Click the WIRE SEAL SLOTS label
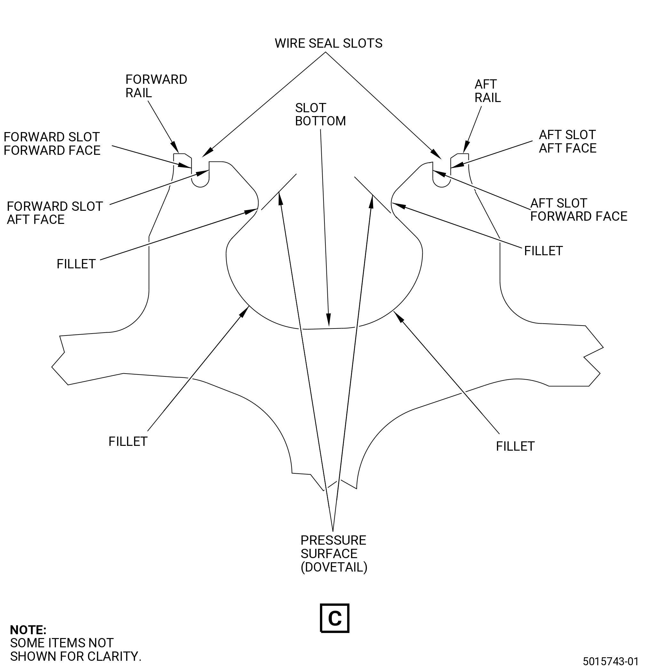coord(329,43)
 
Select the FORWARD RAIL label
coord(156,86)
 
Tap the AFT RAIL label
coord(487,91)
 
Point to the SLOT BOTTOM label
coord(320,115)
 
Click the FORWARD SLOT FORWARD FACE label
coord(52,144)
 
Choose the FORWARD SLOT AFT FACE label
coord(55,213)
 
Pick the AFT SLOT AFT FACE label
coord(568,141)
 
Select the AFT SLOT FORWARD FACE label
coord(579,210)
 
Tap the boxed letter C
coord(335,618)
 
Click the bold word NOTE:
coord(28,630)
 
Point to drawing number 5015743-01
coord(611,661)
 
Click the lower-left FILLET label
coord(128,442)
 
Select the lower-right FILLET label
coord(515,446)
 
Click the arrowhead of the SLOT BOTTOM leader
coord(329,320)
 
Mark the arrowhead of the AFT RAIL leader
coord(466,147)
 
